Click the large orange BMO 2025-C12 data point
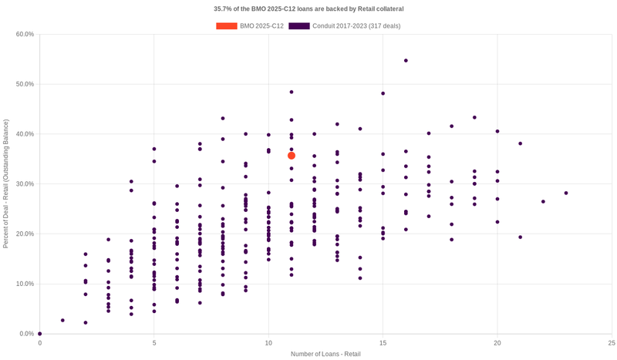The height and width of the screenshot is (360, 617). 292,156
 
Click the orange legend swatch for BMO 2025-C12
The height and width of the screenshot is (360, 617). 226,26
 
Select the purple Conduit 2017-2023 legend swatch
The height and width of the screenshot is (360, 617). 298,26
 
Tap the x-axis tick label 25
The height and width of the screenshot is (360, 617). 611,342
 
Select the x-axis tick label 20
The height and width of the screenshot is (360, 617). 497,342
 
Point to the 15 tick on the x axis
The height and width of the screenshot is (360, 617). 383,342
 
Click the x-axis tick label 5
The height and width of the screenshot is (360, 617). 154,342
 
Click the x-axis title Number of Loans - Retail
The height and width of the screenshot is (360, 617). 325,354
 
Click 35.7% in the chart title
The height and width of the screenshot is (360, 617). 224,9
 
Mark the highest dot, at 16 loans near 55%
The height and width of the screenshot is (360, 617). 406,60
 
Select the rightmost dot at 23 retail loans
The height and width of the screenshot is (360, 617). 565,193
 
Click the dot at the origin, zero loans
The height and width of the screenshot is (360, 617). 40,334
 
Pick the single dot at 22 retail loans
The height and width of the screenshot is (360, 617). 543,202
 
